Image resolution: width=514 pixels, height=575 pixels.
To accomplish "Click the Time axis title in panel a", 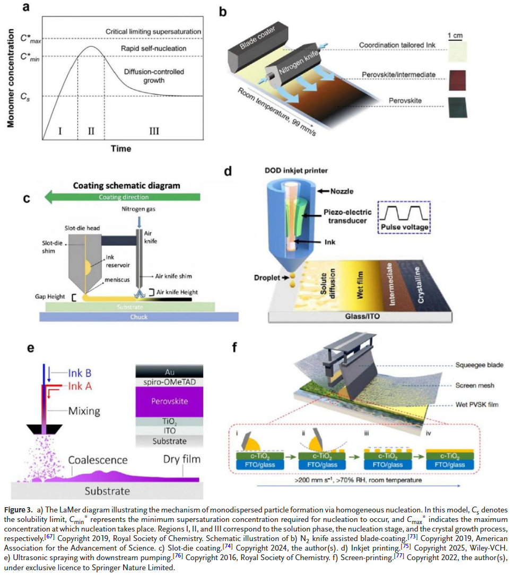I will (x=120, y=149).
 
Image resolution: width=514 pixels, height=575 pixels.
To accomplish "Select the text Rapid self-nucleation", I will (x=154, y=49).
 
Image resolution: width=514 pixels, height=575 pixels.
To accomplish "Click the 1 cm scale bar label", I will (x=455, y=36).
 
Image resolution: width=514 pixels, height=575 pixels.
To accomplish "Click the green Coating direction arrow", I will (x=122, y=197).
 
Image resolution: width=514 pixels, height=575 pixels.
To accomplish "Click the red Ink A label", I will (x=80, y=386).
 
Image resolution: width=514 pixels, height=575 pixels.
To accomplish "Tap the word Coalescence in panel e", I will (x=98, y=459).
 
